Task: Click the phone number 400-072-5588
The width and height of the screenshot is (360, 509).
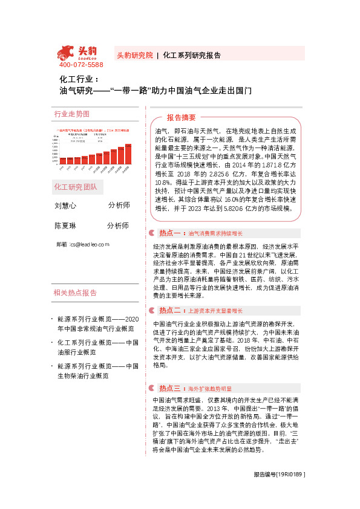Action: pos(81,65)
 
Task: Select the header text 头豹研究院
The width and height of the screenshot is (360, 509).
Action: pos(134,54)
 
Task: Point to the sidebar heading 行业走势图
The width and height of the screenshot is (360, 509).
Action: pos(72,114)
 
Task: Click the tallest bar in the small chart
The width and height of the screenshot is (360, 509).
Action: pos(128,154)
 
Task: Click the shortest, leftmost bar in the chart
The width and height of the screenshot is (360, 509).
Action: pos(63,160)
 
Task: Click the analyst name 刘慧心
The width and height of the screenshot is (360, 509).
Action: pos(65,206)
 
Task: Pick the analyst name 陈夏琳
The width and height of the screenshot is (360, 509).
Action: pos(65,225)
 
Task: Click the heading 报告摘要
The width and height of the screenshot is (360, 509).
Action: pos(181,117)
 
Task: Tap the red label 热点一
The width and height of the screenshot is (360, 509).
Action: pos(170,233)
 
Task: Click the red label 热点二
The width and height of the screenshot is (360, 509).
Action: pos(170,310)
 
